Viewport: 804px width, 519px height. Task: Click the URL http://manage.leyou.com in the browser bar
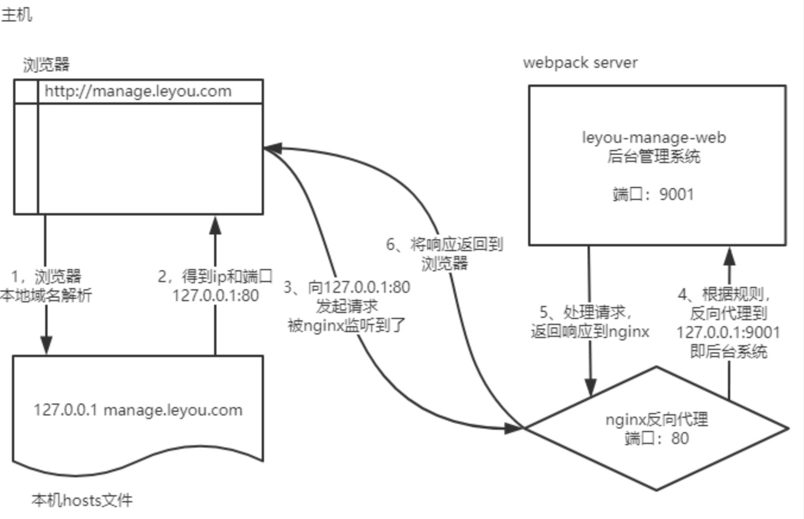click(138, 92)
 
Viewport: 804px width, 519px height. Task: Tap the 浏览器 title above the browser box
click(47, 64)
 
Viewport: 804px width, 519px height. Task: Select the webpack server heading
click(580, 62)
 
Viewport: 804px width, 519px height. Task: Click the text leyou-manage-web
click(654, 138)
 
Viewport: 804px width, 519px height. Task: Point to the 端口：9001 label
click(654, 194)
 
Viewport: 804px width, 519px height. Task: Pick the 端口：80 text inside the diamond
click(657, 439)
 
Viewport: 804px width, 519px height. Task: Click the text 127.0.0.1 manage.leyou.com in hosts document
click(138, 409)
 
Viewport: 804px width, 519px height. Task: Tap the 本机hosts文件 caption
click(82, 501)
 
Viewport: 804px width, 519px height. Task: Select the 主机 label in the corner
click(17, 15)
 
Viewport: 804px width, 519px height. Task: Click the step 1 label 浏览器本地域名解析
click(46, 286)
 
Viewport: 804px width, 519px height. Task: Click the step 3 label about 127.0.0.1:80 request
click(347, 306)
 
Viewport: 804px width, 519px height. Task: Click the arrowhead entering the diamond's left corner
click(513, 427)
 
